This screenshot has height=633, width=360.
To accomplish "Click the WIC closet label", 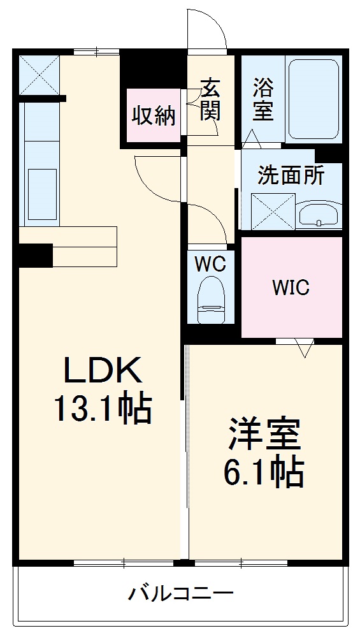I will (x=291, y=287).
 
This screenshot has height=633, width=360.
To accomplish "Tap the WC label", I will (x=211, y=265).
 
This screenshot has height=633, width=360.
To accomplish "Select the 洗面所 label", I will (x=290, y=175).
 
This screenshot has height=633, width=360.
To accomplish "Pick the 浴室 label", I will (x=263, y=99).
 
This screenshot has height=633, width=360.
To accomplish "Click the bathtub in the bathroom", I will (x=313, y=99).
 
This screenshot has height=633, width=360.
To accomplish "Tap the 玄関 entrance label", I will (x=210, y=99).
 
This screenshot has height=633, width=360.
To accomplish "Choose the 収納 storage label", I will (x=154, y=115).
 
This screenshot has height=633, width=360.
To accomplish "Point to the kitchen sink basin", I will (x=41, y=186).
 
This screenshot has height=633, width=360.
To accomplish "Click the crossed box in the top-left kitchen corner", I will (x=38, y=75).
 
